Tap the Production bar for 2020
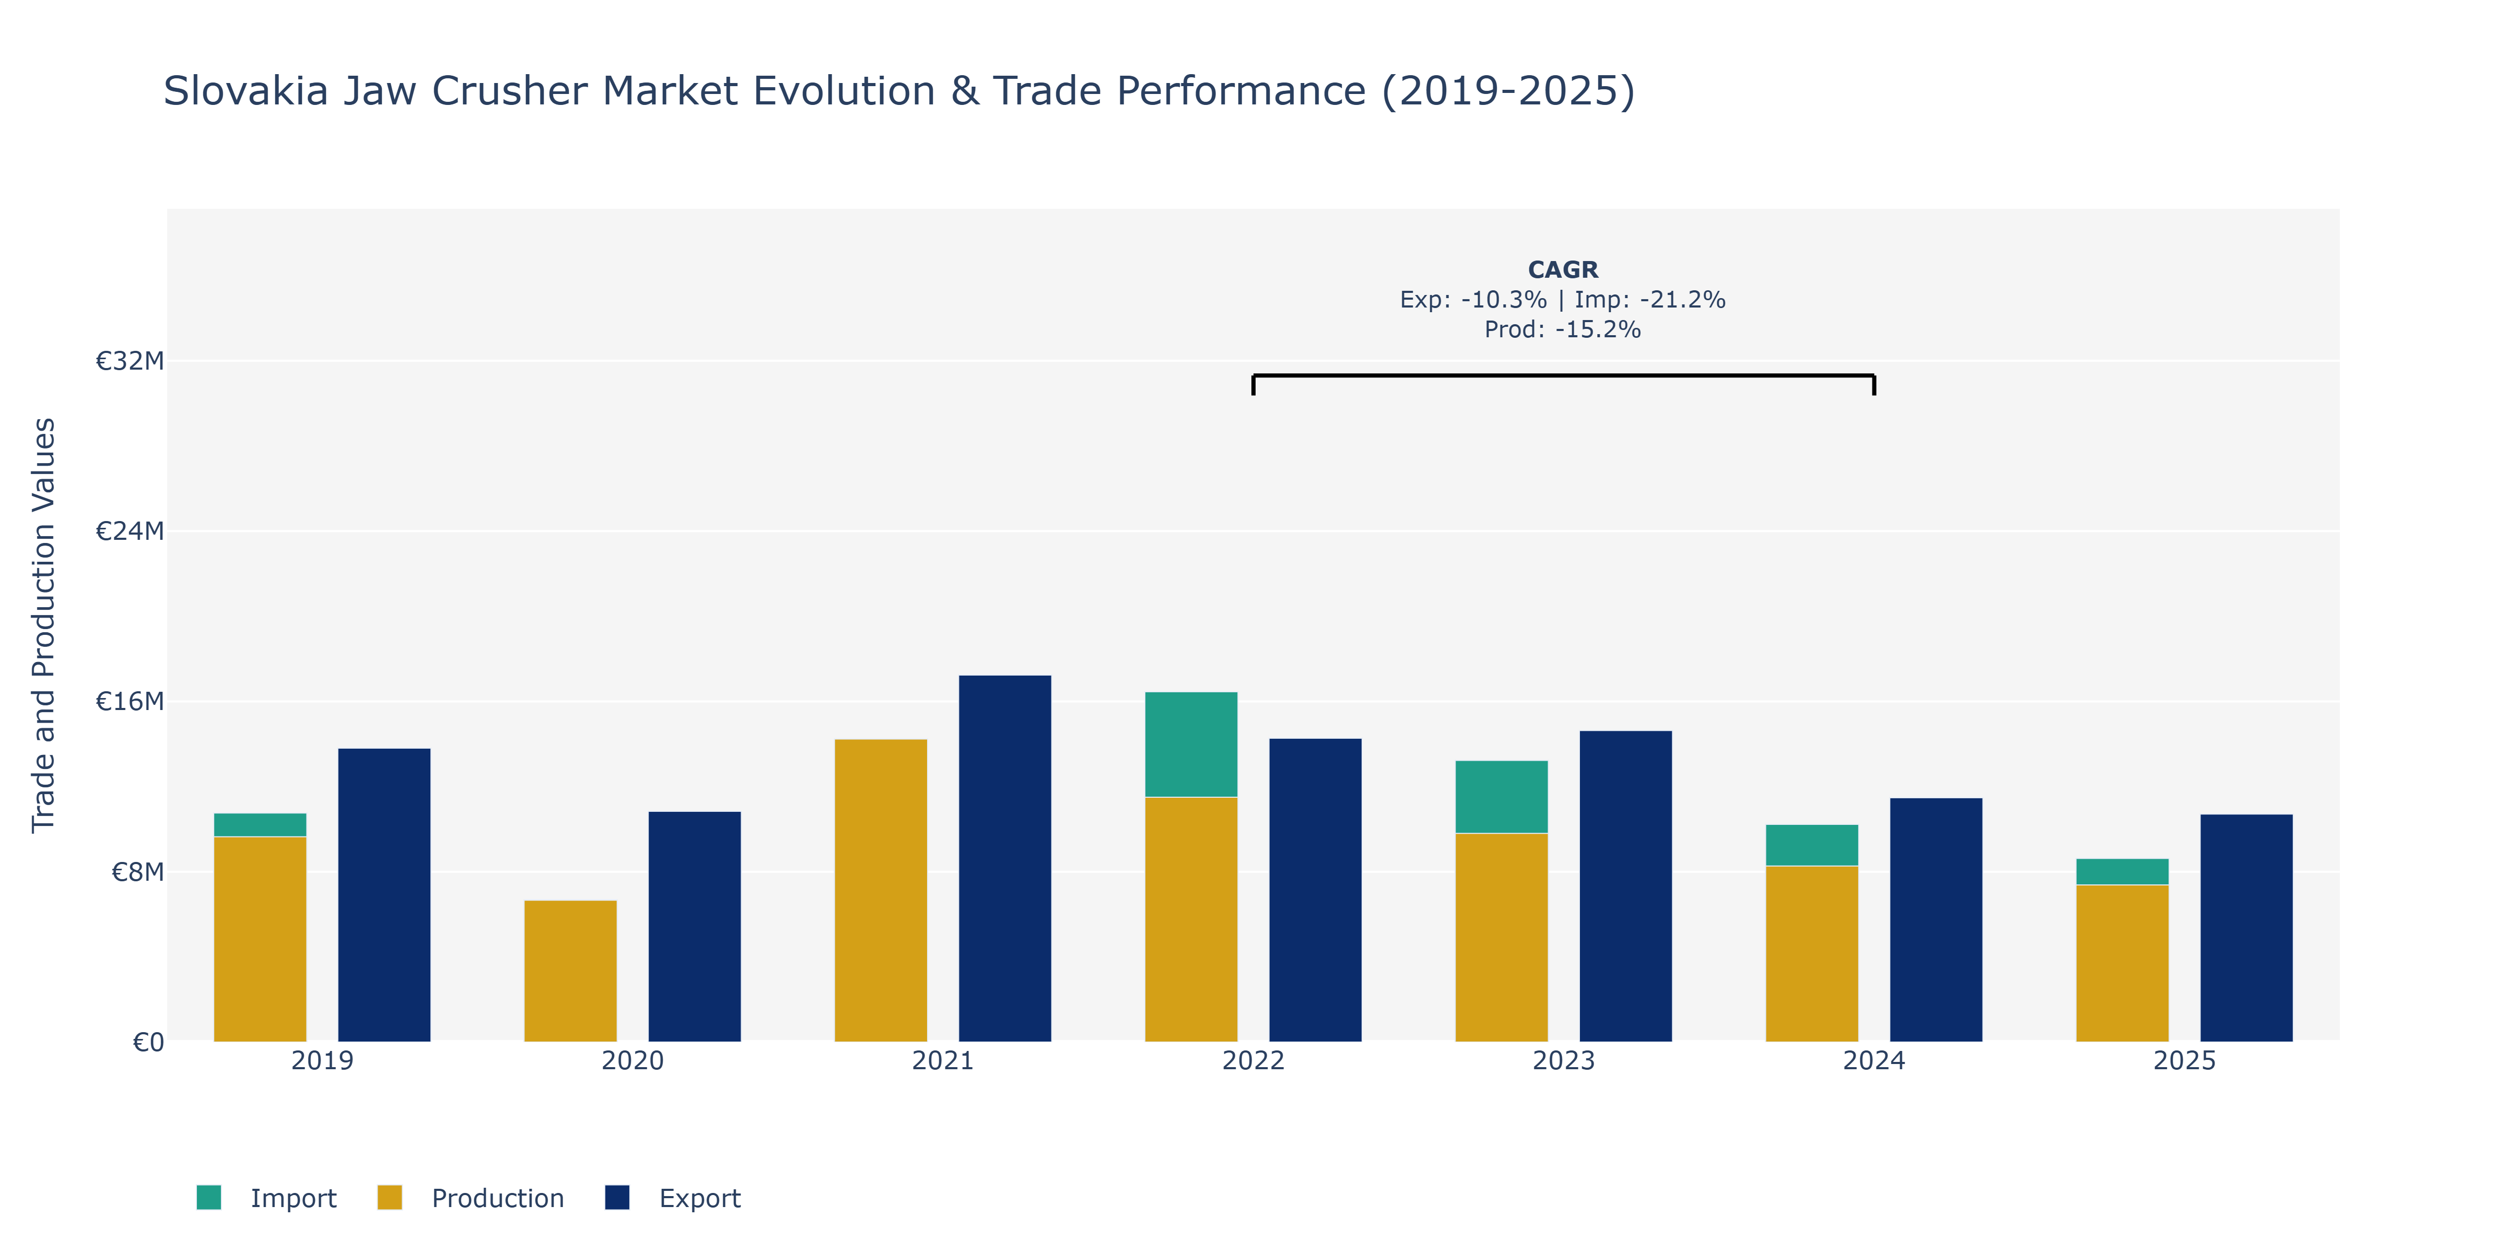pyautogui.click(x=570, y=971)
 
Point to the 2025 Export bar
pyautogui.click(x=2246, y=928)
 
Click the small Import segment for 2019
pyautogui.click(x=260, y=825)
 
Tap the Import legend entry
pyautogui.click(x=266, y=1198)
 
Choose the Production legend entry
pyautogui.click(x=470, y=1198)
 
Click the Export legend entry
pyautogui.click(x=673, y=1198)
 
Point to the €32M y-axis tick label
pyautogui.click(x=130, y=361)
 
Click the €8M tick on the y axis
pyautogui.click(x=137, y=872)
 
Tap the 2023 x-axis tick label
pyautogui.click(x=1563, y=1060)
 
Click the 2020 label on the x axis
pyautogui.click(x=632, y=1060)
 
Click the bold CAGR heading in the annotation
pyautogui.click(x=1563, y=269)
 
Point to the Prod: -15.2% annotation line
pyautogui.click(x=1563, y=330)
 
